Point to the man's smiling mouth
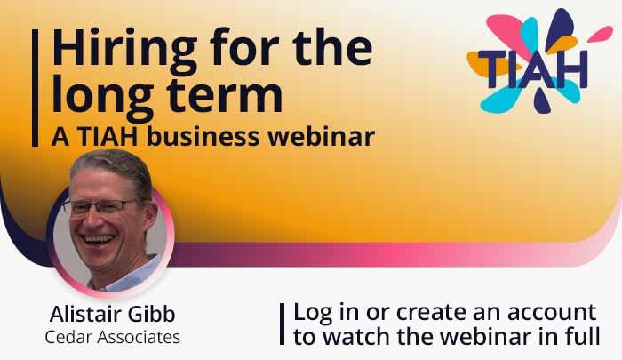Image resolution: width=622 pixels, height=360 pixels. click(x=100, y=238)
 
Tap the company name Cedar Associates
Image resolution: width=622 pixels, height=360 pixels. click(x=112, y=338)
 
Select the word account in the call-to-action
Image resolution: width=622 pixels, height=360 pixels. click(x=546, y=313)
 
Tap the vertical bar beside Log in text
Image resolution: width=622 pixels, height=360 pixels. click(x=282, y=324)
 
